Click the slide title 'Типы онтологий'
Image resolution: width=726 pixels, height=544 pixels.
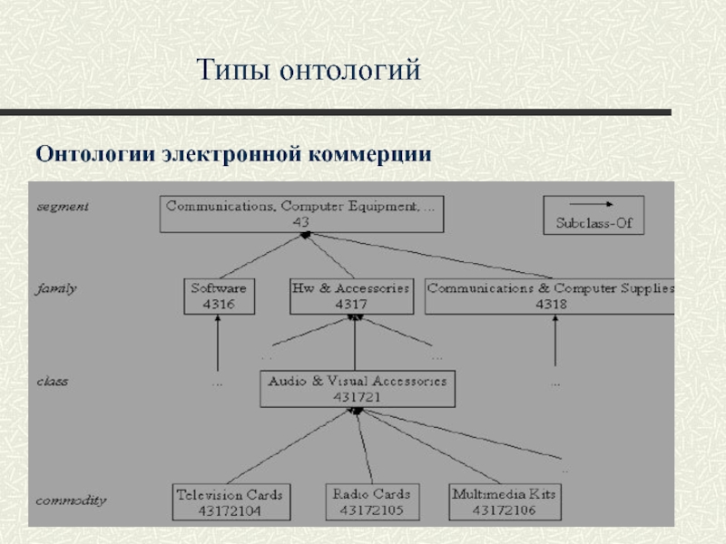309,69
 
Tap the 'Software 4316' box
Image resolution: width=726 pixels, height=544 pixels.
219,296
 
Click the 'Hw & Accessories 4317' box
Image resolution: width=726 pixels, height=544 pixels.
350,296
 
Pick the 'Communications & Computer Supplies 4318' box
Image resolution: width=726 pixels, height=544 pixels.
550,296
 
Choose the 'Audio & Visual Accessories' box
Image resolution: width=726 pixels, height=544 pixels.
358,389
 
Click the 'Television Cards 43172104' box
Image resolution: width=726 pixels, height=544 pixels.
231,502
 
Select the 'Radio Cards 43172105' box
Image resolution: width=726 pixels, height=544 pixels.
370,502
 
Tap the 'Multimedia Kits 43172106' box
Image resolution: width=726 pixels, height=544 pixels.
504,502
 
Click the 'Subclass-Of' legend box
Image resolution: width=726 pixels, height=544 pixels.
593,215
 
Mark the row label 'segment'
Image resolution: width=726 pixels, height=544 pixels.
63,206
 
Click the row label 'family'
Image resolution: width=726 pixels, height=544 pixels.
56,289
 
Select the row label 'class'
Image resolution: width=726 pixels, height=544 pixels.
52,382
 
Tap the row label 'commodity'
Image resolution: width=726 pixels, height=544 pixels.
71,500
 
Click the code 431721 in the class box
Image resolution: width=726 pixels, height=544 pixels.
357,397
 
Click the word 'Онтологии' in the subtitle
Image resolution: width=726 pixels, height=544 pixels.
95,153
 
